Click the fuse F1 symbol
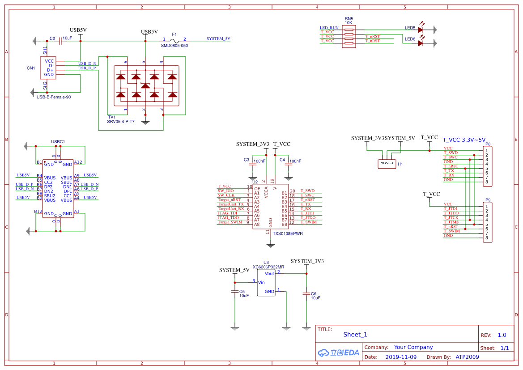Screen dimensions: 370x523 coord(174,40)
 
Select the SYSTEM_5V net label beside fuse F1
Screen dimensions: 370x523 coord(218,39)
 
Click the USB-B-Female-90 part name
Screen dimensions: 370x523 coord(54,97)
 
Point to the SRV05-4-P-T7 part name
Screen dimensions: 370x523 coord(120,122)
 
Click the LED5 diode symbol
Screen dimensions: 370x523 coord(421,30)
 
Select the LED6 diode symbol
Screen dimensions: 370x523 coord(421,43)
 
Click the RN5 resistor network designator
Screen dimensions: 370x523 coord(349,18)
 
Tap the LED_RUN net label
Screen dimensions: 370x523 coord(329,28)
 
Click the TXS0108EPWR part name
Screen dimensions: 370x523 coord(288,234)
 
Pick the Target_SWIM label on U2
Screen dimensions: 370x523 coord(230,222)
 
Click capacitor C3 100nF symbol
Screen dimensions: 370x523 coord(253,164)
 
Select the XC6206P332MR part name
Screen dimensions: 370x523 coord(268,267)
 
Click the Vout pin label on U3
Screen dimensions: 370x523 coord(269,273)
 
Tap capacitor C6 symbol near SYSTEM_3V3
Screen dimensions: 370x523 coord(306,293)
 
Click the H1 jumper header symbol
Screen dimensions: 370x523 coord(387,164)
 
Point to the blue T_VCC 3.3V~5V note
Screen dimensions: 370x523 coord(464,140)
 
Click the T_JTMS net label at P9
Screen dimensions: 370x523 coord(451,222)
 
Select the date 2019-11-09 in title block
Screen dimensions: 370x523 coord(401,357)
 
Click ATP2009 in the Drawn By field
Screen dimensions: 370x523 coord(467,357)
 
